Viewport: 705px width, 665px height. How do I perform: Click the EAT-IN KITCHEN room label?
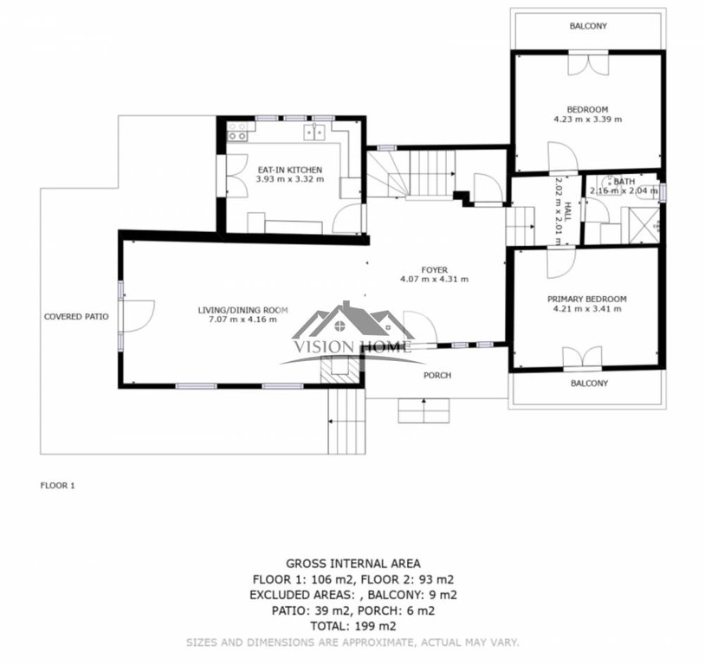[x=290, y=170]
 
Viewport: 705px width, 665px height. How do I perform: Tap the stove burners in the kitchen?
[x=237, y=131]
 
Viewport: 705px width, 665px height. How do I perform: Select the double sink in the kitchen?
[x=314, y=132]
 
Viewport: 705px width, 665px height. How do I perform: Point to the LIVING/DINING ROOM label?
[x=243, y=310]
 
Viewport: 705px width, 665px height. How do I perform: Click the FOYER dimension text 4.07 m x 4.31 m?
[x=434, y=279]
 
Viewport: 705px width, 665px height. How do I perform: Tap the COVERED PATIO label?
[x=76, y=317]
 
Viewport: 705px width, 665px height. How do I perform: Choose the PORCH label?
[x=437, y=376]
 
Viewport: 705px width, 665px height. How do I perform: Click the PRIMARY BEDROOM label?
[x=586, y=299]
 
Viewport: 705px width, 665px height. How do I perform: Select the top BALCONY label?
[x=588, y=26]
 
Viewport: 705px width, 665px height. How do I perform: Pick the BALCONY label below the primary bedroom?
[x=589, y=383]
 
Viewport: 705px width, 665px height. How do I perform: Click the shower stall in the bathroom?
[x=641, y=226]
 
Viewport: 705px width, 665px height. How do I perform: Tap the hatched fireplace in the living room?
[x=340, y=370]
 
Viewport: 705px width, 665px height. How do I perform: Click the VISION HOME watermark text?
[x=352, y=346]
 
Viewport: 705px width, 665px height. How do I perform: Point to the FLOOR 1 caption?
[x=57, y=486]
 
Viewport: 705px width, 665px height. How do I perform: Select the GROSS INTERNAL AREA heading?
[x=353, y=564]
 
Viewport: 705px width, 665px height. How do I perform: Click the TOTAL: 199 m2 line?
[x=353, y=626]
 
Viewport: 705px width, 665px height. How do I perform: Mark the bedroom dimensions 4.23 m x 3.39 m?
[x=588, y=119]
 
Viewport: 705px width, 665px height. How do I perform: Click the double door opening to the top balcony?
[x=588, y=63]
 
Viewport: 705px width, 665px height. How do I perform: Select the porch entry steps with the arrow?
[x=424, y=410]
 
